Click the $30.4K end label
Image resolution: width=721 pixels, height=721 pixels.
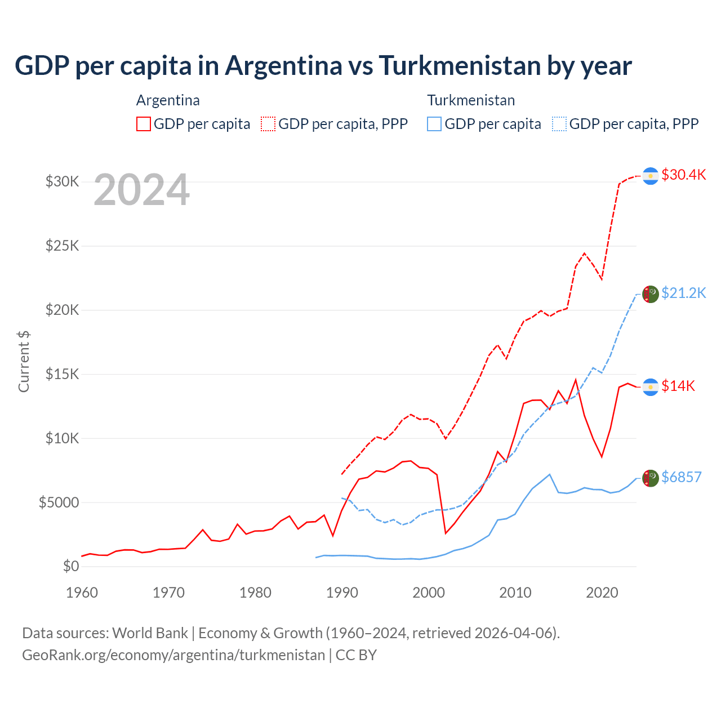point(683,175)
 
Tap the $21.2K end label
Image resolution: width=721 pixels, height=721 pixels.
point(683,293)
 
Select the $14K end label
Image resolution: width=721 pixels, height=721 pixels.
point(678,386)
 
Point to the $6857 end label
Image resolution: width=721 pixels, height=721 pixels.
point(681,477)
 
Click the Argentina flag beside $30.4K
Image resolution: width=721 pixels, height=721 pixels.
point(651,176)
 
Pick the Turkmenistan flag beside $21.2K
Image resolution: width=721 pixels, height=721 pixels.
point(651,294)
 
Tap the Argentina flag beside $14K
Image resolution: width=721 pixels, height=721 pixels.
point(651,387)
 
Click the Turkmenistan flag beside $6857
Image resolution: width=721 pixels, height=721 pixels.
point(651,478)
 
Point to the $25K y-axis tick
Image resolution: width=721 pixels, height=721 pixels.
point(63,246)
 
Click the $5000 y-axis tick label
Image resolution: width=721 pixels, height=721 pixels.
point(59,502)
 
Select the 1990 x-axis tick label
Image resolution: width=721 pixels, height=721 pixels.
point(342,593)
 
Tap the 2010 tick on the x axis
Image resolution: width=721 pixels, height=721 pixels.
point(515,593)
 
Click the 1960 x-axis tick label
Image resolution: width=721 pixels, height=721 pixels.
point(82,593)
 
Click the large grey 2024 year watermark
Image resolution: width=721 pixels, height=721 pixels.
point(141,190)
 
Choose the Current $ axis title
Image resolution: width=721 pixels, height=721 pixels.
point(24,361)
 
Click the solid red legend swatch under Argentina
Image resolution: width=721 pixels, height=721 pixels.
point(144,124)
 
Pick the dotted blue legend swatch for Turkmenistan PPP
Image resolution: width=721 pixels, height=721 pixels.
point(559,124)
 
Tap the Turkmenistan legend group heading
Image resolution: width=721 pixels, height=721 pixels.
point(471,100)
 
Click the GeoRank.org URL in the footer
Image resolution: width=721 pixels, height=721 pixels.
point(173,655)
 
